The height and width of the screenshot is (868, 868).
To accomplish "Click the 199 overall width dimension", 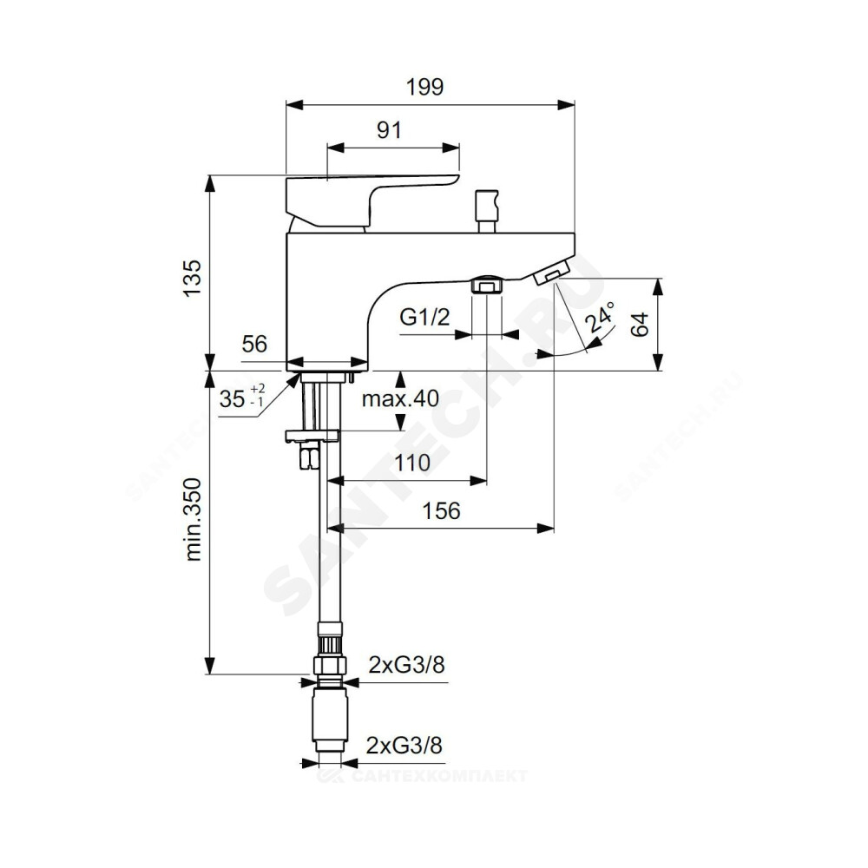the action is coord(424,87).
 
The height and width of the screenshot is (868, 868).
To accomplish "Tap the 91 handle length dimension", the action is coord(389,130).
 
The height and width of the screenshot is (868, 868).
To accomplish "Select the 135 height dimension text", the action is coord(193,278).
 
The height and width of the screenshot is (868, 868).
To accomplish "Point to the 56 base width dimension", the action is coord(254,345).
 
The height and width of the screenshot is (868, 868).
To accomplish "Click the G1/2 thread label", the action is coord(424,318).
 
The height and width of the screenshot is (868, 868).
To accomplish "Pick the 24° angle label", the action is coord(601,317).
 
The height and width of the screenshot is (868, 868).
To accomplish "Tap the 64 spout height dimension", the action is coord(640,325).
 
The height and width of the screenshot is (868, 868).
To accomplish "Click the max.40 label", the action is coord(400,398).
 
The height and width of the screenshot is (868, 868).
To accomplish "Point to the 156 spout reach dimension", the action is coord(441,511).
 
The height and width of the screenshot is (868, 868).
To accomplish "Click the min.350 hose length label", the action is coord(194,520).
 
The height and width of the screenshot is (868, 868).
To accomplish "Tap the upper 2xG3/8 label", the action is coord(406,664).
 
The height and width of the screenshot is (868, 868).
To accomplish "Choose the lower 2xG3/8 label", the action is coord(404,746).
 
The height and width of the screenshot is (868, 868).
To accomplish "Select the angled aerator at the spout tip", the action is coord(551,273).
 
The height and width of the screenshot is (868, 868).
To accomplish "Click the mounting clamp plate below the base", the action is coord(312,436).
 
